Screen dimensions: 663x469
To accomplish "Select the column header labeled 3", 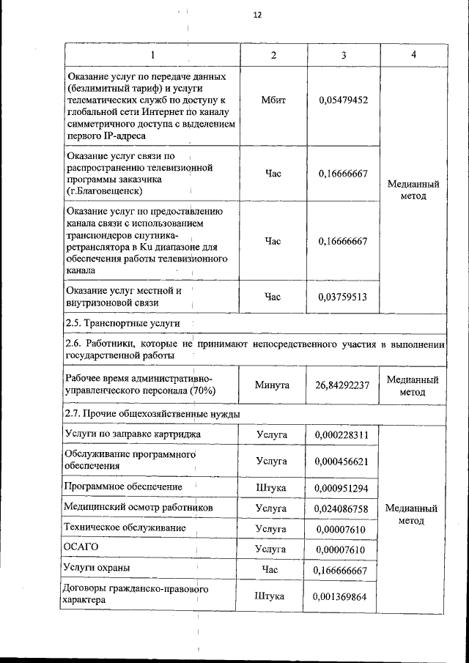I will tap(343, 55).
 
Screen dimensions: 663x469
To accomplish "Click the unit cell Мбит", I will tap(273, 100).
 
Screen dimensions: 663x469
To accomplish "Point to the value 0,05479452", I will tap(343, 100).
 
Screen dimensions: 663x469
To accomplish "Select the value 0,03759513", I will tap(343, 297).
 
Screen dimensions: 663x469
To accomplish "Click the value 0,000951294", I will tap(341, 487).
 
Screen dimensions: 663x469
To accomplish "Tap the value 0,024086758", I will tap(341, 507).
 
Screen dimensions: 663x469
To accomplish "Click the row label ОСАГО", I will tap(81, 547).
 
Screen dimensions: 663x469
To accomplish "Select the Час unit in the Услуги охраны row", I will tap(272, 568).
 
